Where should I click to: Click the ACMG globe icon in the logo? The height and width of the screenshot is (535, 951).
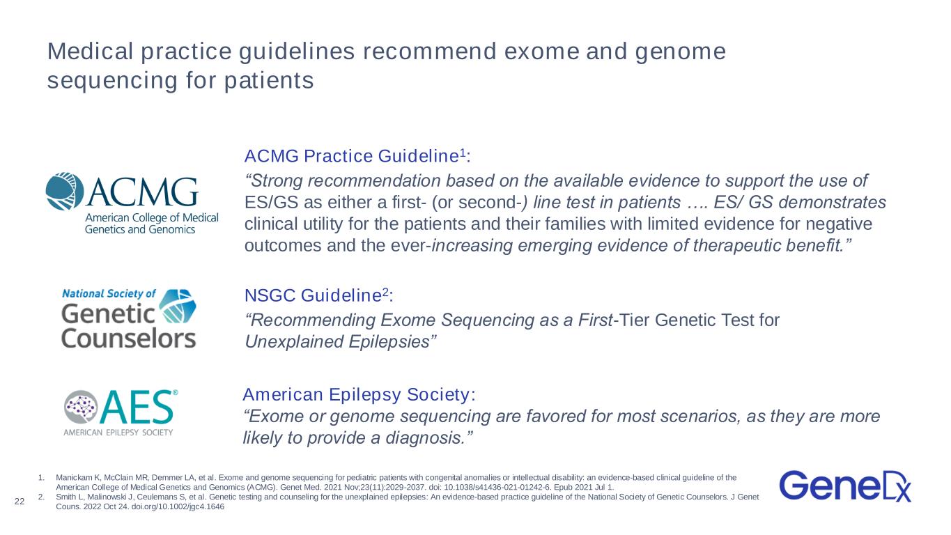tap(65, 192)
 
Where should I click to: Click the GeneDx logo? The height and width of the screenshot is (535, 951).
tap(845, 486)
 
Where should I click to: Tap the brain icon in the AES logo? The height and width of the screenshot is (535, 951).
tap(81, 407)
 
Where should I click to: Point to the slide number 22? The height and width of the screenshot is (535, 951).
tap(20, 502)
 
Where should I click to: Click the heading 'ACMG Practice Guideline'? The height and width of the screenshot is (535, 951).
tap(352, 156)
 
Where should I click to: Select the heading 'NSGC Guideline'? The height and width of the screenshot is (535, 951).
tap(313, 295)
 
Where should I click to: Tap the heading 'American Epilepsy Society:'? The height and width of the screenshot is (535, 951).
tap(359, 394)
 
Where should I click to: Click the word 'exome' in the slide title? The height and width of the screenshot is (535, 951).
tap(541, 52)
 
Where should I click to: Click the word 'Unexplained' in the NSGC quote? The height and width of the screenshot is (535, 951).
tap(294, 342)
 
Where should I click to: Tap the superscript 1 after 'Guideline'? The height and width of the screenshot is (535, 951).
tap(463, 153)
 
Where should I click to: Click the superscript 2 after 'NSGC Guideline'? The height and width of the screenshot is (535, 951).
tap(385, 292)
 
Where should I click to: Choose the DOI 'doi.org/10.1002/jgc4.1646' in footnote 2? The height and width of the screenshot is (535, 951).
tap(178, 506)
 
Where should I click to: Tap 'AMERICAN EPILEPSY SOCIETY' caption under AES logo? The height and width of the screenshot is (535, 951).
tap(118, 433)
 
